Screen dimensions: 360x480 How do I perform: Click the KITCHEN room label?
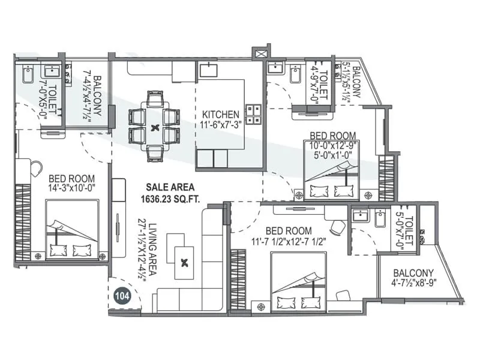tap(221, 114)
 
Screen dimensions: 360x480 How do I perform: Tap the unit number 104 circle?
tap(123, 296)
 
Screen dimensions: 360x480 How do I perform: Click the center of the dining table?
tap(155, 127)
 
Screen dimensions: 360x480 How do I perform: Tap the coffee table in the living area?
tap(184, 262)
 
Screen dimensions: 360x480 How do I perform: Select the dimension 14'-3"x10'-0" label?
tap(73, 188)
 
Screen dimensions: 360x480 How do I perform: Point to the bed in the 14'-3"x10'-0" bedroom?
tap(72, 230)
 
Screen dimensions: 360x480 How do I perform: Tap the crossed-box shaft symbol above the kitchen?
tap(261, 54)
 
